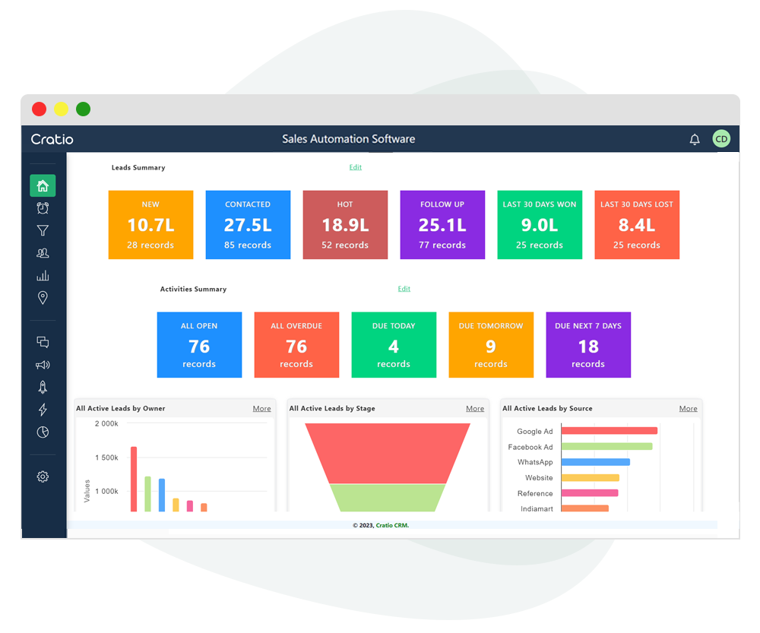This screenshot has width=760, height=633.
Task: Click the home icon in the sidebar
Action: (x=43, y=185)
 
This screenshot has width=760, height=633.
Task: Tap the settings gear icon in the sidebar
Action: (x=43, y=476)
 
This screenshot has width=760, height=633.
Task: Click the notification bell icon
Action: (x=694, y=139)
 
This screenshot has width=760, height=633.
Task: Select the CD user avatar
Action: (x=720, y=139)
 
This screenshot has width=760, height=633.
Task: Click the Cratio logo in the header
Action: (x=52, y=139)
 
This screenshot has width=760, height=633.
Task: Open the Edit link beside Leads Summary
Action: (x=355, y=167)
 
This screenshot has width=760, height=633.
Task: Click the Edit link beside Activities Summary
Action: (x=404, y=289)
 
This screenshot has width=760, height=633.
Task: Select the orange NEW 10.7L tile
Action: (x=150, y=225)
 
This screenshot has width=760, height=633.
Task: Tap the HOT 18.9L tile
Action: (x=345, y=225)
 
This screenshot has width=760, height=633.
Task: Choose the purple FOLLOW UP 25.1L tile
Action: (x=442, y=225)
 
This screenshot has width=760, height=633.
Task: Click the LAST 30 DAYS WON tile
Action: (x=540, y=225)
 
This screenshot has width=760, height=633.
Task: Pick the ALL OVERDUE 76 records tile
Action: (x=296, y=345)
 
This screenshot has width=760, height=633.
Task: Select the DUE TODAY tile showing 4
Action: (x=394, y=345)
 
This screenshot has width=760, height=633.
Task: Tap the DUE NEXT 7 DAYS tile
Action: (x=588, y=345)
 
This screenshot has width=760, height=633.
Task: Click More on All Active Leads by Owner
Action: (x=261, y=409)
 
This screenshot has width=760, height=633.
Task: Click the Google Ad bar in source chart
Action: (x=609, y=431)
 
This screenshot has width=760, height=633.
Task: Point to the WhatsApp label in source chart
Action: (x=535, y=462)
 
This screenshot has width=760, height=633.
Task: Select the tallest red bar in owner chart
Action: (x=134, y=479)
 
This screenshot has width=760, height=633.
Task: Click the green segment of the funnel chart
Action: (x=388, y=498)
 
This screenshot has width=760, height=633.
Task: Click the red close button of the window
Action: (x=39, y=109)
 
